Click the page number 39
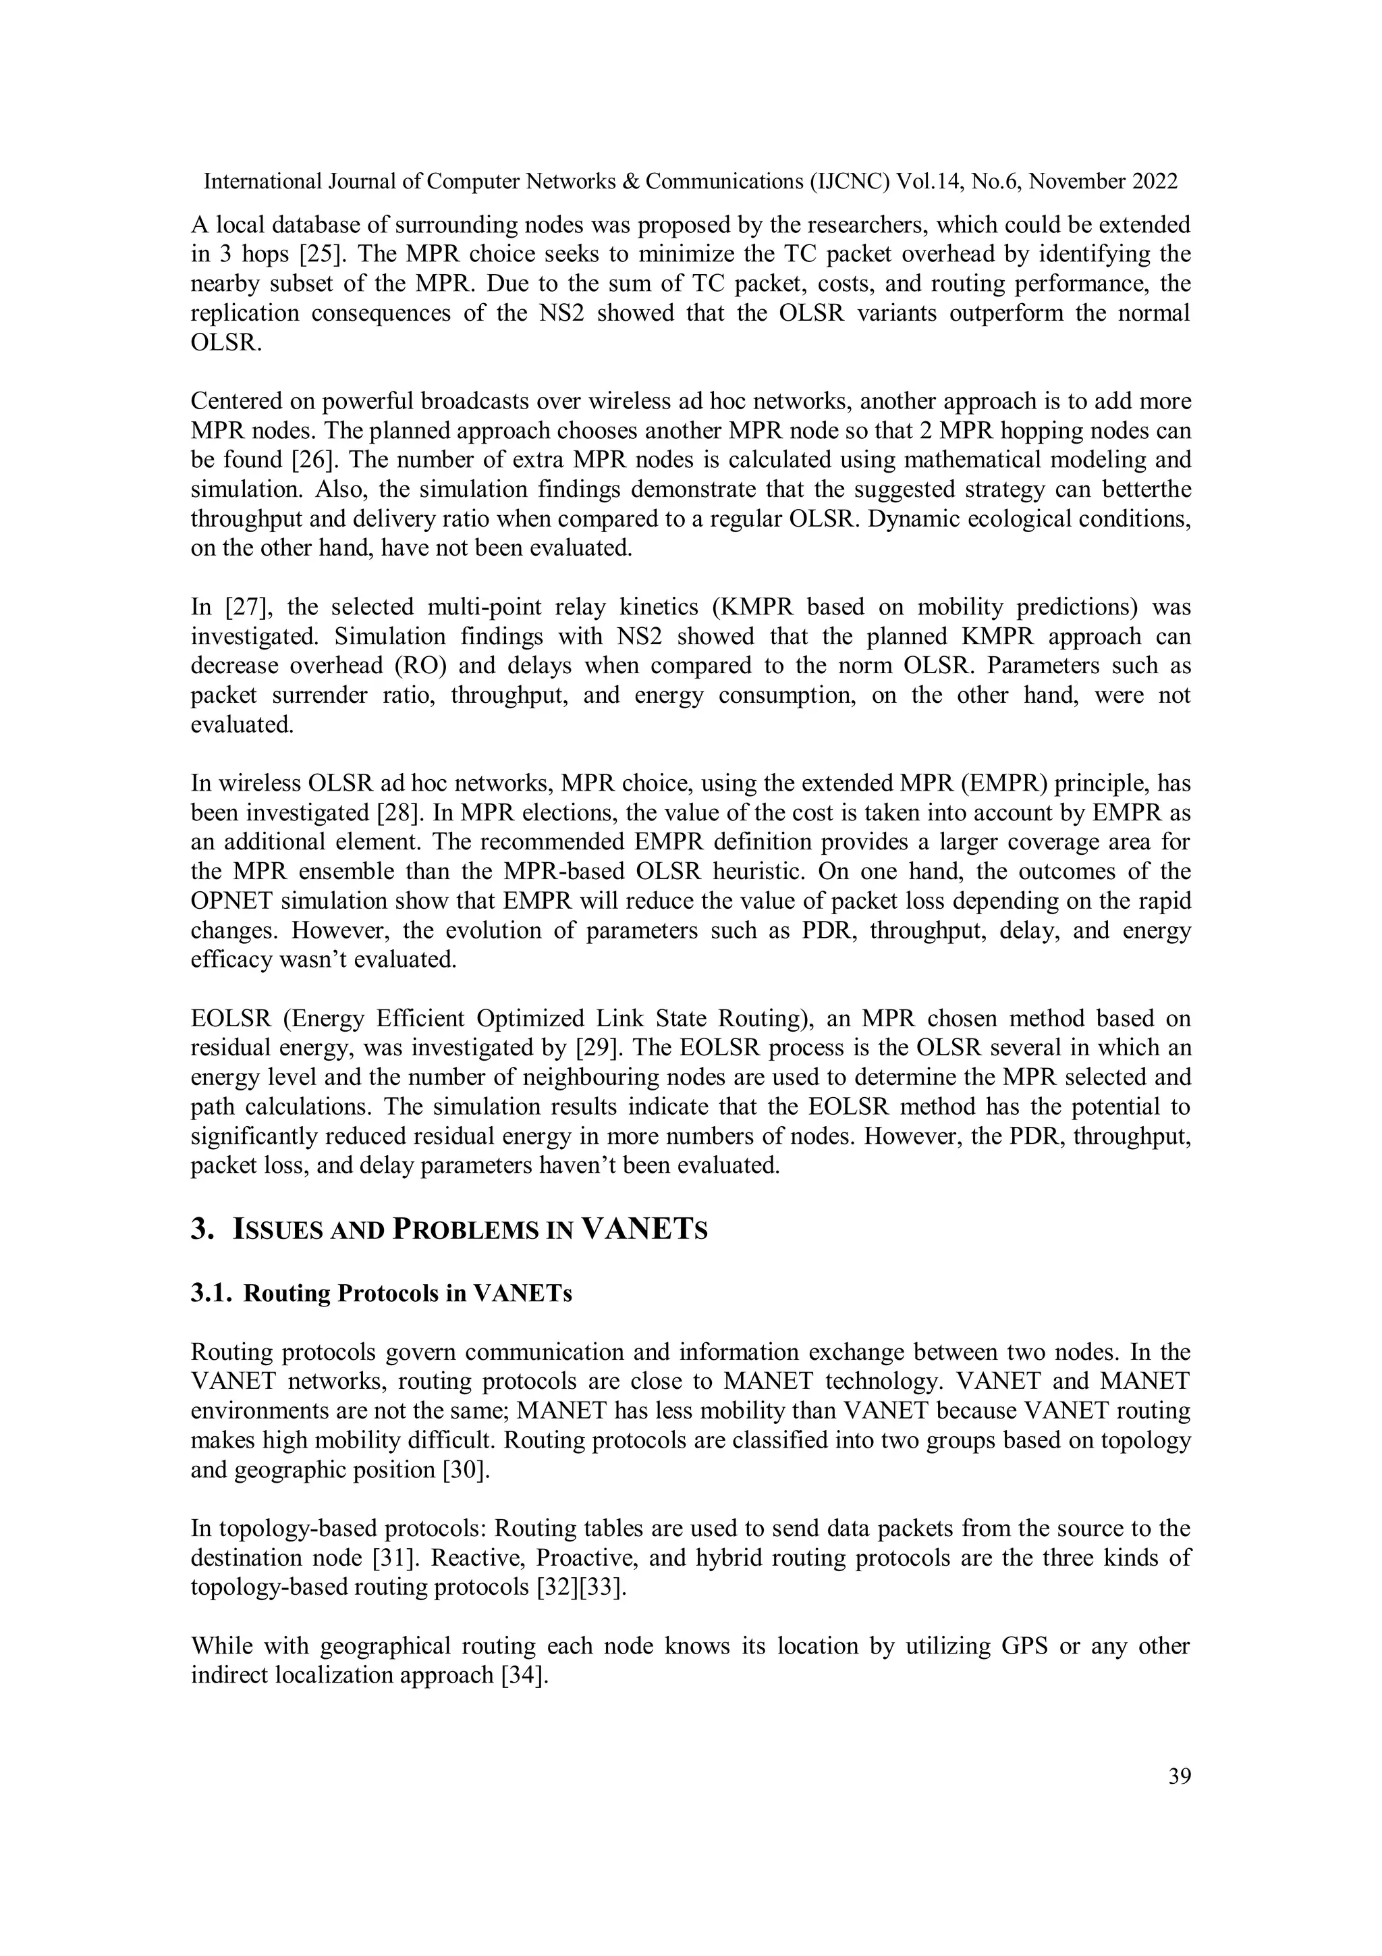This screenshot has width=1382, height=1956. (1178, 1777)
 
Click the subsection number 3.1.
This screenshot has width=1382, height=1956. (211, 1293)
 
